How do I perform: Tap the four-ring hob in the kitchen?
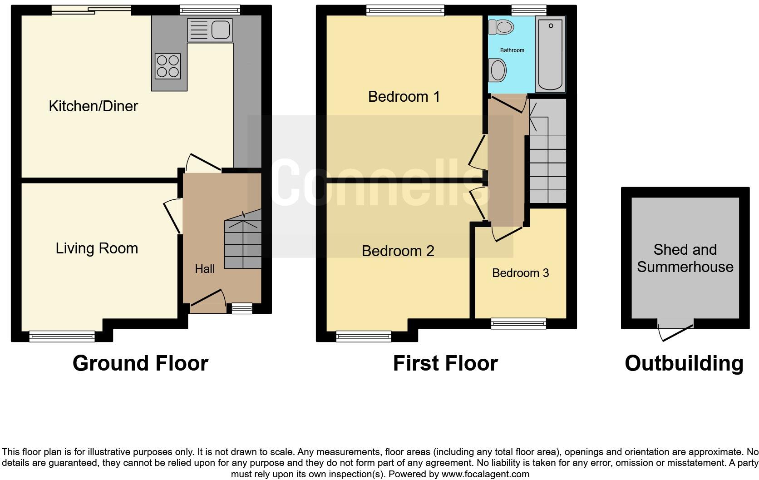[168, 66]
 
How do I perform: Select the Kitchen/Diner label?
[93, 106]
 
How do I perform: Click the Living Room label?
[97, 248]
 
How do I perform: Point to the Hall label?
[205, 269]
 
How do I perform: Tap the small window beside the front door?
[241, 309]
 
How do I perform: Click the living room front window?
[62, 336]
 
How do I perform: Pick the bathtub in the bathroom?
[551, 54]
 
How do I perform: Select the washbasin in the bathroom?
[498, 71]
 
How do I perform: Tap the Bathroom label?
[512, 50]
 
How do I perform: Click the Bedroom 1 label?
[404, 97]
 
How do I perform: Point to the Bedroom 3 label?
[520, 273]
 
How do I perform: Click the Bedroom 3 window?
[518, 323]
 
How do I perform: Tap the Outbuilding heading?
[684, 364]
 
